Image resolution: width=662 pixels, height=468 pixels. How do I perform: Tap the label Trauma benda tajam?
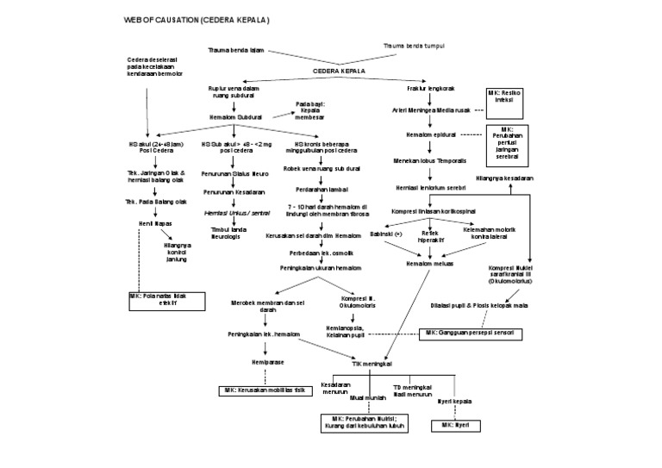(235, 51)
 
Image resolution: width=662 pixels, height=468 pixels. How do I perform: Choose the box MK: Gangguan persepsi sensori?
(473, 333)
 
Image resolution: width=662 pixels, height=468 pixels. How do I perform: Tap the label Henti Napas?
(151, 222)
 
